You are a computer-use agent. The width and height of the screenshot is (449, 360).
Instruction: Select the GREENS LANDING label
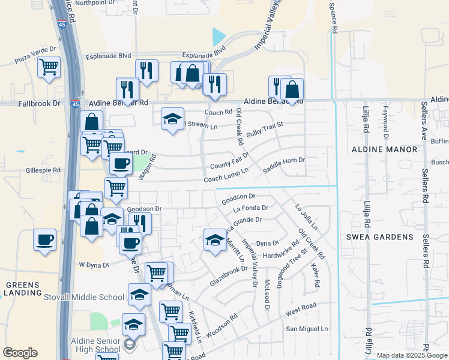22,289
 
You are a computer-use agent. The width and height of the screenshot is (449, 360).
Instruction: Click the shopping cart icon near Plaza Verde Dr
49,67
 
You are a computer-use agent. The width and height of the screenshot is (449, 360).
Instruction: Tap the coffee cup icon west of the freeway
45,240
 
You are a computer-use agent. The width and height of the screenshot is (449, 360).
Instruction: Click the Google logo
20,353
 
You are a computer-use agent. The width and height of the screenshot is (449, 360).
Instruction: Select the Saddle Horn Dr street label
284,160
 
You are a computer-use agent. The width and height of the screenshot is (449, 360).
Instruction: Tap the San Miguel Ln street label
307,329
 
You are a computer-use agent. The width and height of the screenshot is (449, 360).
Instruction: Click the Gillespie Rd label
43,170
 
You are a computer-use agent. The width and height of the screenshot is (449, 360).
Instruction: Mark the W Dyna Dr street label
94,265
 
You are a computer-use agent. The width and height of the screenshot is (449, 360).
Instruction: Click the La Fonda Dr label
250,208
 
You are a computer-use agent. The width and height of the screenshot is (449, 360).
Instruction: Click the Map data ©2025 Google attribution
411,355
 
